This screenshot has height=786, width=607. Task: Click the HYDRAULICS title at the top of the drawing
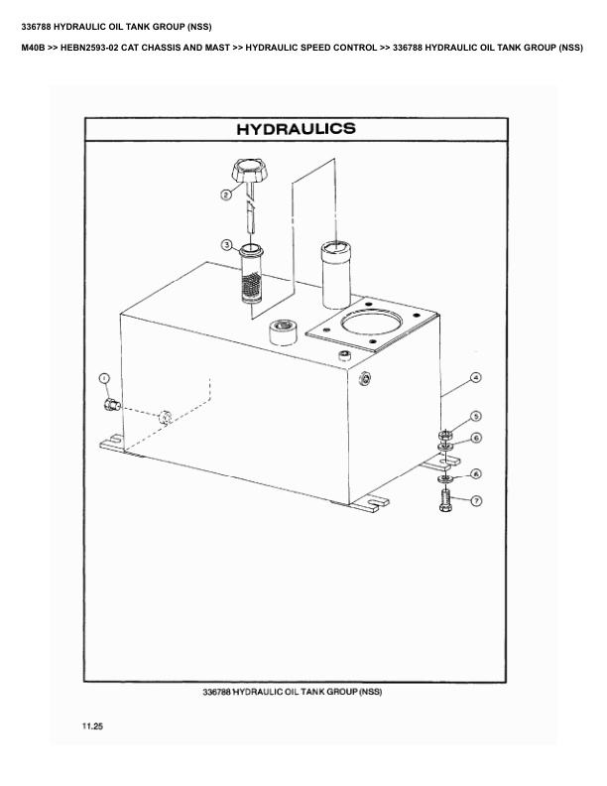pos(296,130)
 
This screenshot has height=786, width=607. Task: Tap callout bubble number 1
pos(104,379)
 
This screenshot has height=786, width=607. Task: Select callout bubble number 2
pos(227,196)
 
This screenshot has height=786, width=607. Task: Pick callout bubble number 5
pos(475,417)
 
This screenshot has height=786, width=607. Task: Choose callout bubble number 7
pos(475,500)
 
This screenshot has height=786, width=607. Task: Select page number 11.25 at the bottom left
pos(92,727)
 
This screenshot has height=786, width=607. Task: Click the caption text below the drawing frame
pos(292,691)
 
